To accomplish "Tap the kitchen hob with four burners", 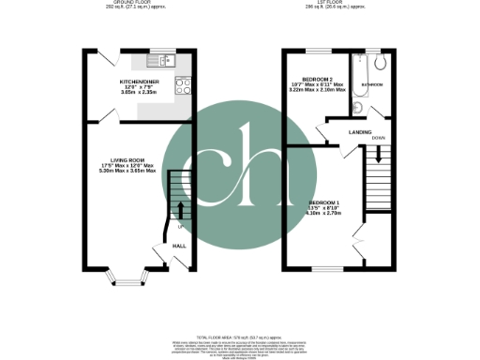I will (x=183, y=85).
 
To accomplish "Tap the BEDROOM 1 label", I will (x=325, y=202).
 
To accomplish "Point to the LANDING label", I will (x=360, y=132).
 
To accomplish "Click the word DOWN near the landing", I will (x=379, y=138).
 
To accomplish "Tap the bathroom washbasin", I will (x=358, y=108).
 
